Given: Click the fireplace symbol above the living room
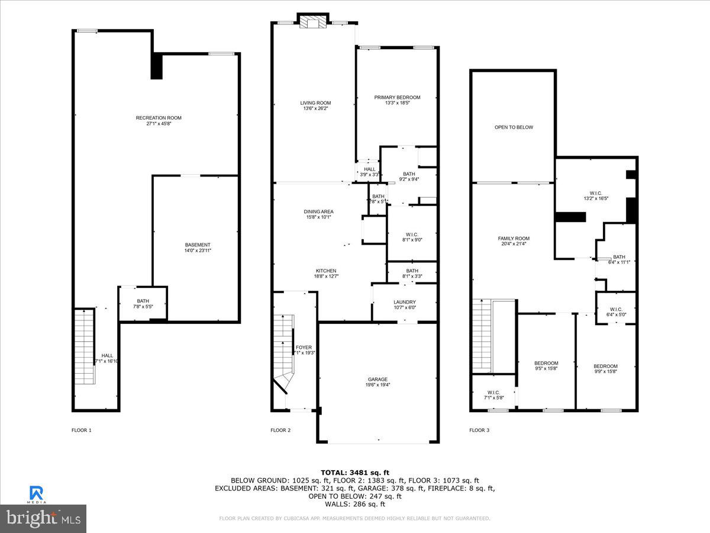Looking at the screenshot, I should pos(311,22).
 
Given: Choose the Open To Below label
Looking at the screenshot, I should pos(514,127).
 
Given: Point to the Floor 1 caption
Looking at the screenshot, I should pos(82,430).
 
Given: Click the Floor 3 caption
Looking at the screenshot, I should pos(479,430).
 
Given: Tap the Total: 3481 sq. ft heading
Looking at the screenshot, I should pos(355,472).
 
